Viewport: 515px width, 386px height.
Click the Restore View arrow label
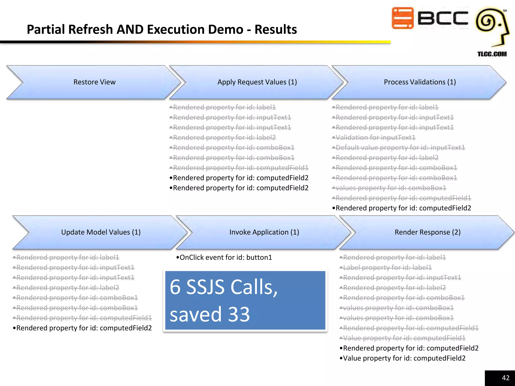94,82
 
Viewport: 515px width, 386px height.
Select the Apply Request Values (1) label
257,82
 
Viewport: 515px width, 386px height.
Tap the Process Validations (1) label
420,82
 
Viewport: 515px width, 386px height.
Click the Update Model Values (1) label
101,232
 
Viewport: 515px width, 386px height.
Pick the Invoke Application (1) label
264,232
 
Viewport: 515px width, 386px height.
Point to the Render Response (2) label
427,232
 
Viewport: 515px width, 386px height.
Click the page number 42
505,378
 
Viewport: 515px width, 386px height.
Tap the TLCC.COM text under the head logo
492,54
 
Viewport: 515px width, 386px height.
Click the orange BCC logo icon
403,18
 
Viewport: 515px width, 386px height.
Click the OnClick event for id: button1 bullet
224,258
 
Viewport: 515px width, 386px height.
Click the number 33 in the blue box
239,314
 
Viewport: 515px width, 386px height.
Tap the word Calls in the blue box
254,287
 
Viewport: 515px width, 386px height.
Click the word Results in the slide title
276,29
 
